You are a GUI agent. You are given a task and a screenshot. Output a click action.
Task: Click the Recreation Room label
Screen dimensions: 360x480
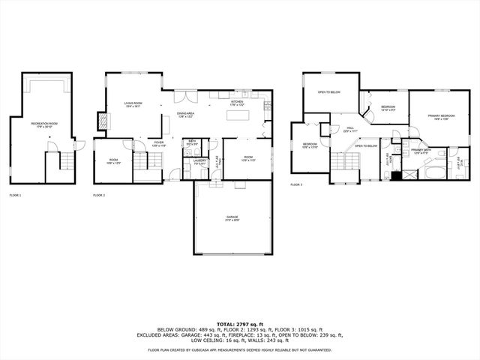[x=44, y=124]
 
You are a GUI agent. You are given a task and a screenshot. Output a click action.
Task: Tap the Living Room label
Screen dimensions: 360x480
[x=133, y=106]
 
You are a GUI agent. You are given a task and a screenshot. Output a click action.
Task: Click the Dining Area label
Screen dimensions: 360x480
[x=185, y=114]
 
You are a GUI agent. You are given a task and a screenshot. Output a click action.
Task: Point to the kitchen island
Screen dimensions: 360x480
[x=238, y=116]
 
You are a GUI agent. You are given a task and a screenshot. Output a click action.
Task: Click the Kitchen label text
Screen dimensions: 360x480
[x=237, y=102]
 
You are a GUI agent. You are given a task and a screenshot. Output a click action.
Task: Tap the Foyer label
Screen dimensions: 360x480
[x=159, y=142]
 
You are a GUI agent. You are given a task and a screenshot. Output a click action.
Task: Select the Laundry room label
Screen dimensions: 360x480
[x=199, y=160]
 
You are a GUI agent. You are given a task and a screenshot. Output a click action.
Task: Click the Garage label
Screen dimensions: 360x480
[x=232, y=218]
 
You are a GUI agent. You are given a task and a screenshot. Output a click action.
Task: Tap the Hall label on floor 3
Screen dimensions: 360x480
[x=346, y=129]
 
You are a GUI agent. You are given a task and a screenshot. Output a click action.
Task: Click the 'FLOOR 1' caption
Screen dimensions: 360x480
[x=15, y=195]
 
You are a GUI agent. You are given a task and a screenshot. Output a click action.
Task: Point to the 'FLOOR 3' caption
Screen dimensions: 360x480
[x=296, y=184]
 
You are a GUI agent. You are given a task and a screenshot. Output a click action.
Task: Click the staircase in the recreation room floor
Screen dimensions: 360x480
[x=68, y=160]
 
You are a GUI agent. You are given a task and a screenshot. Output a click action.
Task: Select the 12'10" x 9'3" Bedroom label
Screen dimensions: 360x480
[x=388, y=109]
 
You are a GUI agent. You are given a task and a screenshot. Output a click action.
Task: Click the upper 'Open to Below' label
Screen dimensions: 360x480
[x=328, y=92]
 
